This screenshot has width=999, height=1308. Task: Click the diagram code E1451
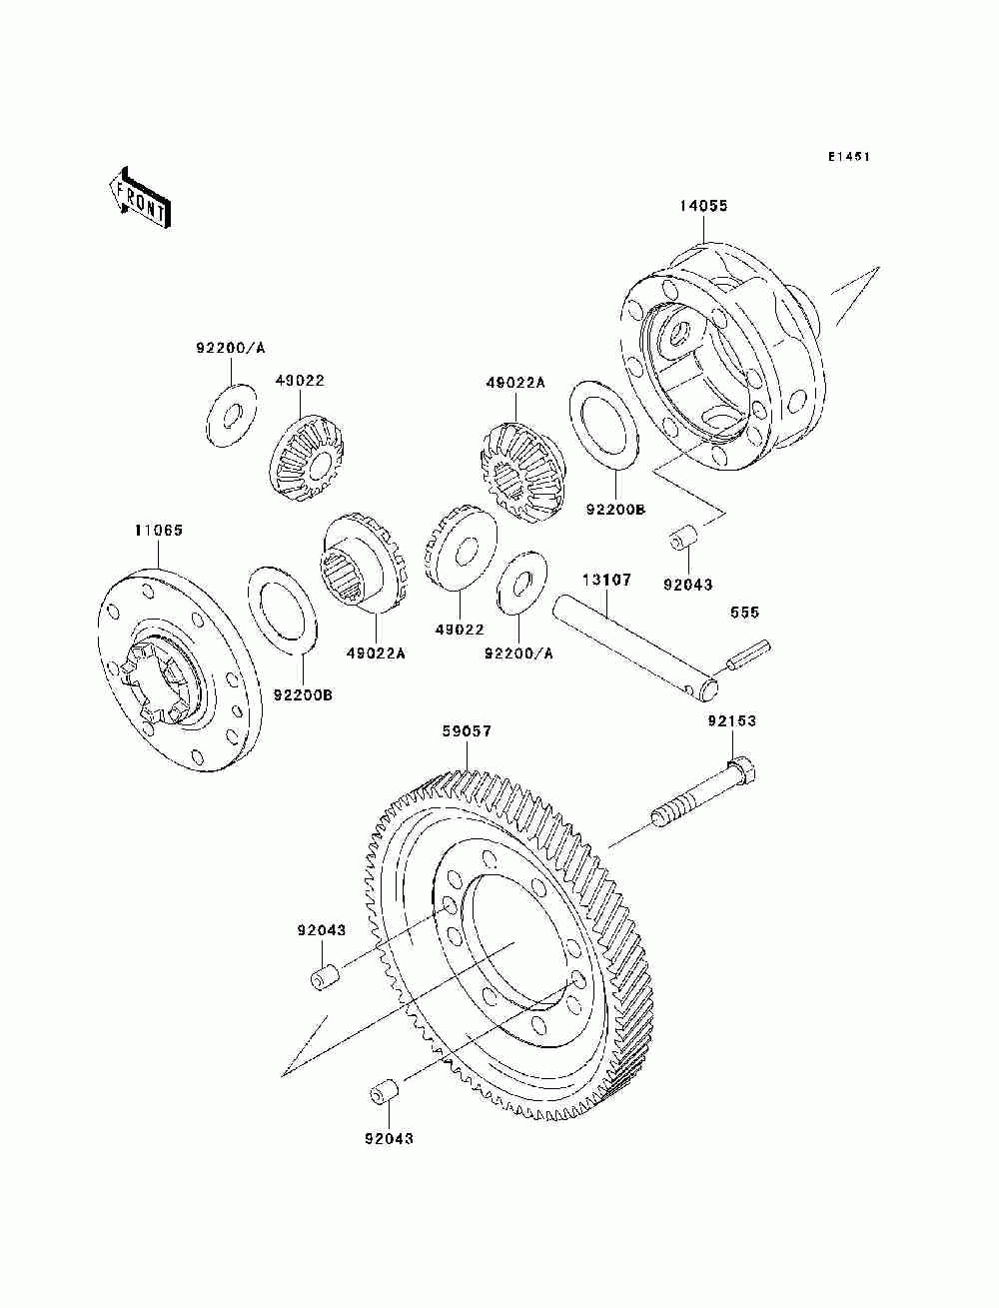pos(848,157)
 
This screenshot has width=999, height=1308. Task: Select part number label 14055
pos(703,206)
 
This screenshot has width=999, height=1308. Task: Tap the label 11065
pos(159,530)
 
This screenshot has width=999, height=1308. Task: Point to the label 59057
pos(467,731)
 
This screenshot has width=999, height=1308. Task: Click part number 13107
pos(606,580)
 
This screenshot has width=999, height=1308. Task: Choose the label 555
pos(744,612)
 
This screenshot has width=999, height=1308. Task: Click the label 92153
pos(732,721)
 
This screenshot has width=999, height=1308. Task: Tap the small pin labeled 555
pos(747,654)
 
